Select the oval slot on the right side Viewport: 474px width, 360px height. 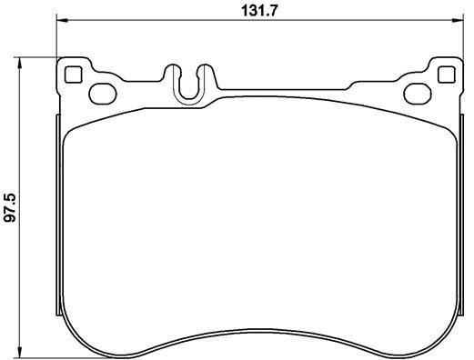point(417,91)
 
